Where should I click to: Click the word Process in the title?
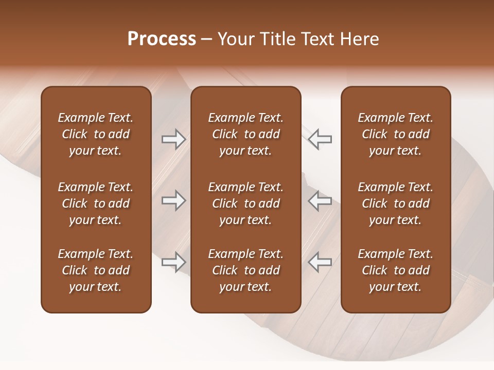[162, 39]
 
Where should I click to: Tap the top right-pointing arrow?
[173, 139]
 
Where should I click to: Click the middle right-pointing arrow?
[173, 200]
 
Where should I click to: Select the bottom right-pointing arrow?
[173, 262]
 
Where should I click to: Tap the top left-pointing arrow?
[320, 139]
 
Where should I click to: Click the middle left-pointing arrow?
[320, 200]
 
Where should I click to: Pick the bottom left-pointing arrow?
[320, 262]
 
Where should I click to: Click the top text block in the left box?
[96, 134]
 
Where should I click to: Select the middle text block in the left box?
[96, 203]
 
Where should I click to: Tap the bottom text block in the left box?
[96, 270]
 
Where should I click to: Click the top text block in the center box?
[245, 134]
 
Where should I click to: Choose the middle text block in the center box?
[245, 203]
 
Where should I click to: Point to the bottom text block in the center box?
[245, 270]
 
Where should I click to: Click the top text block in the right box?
[395, 134]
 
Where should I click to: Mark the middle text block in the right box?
[395, 203]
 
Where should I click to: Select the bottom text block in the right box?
[395, 270]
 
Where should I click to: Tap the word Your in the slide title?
[236, 39]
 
